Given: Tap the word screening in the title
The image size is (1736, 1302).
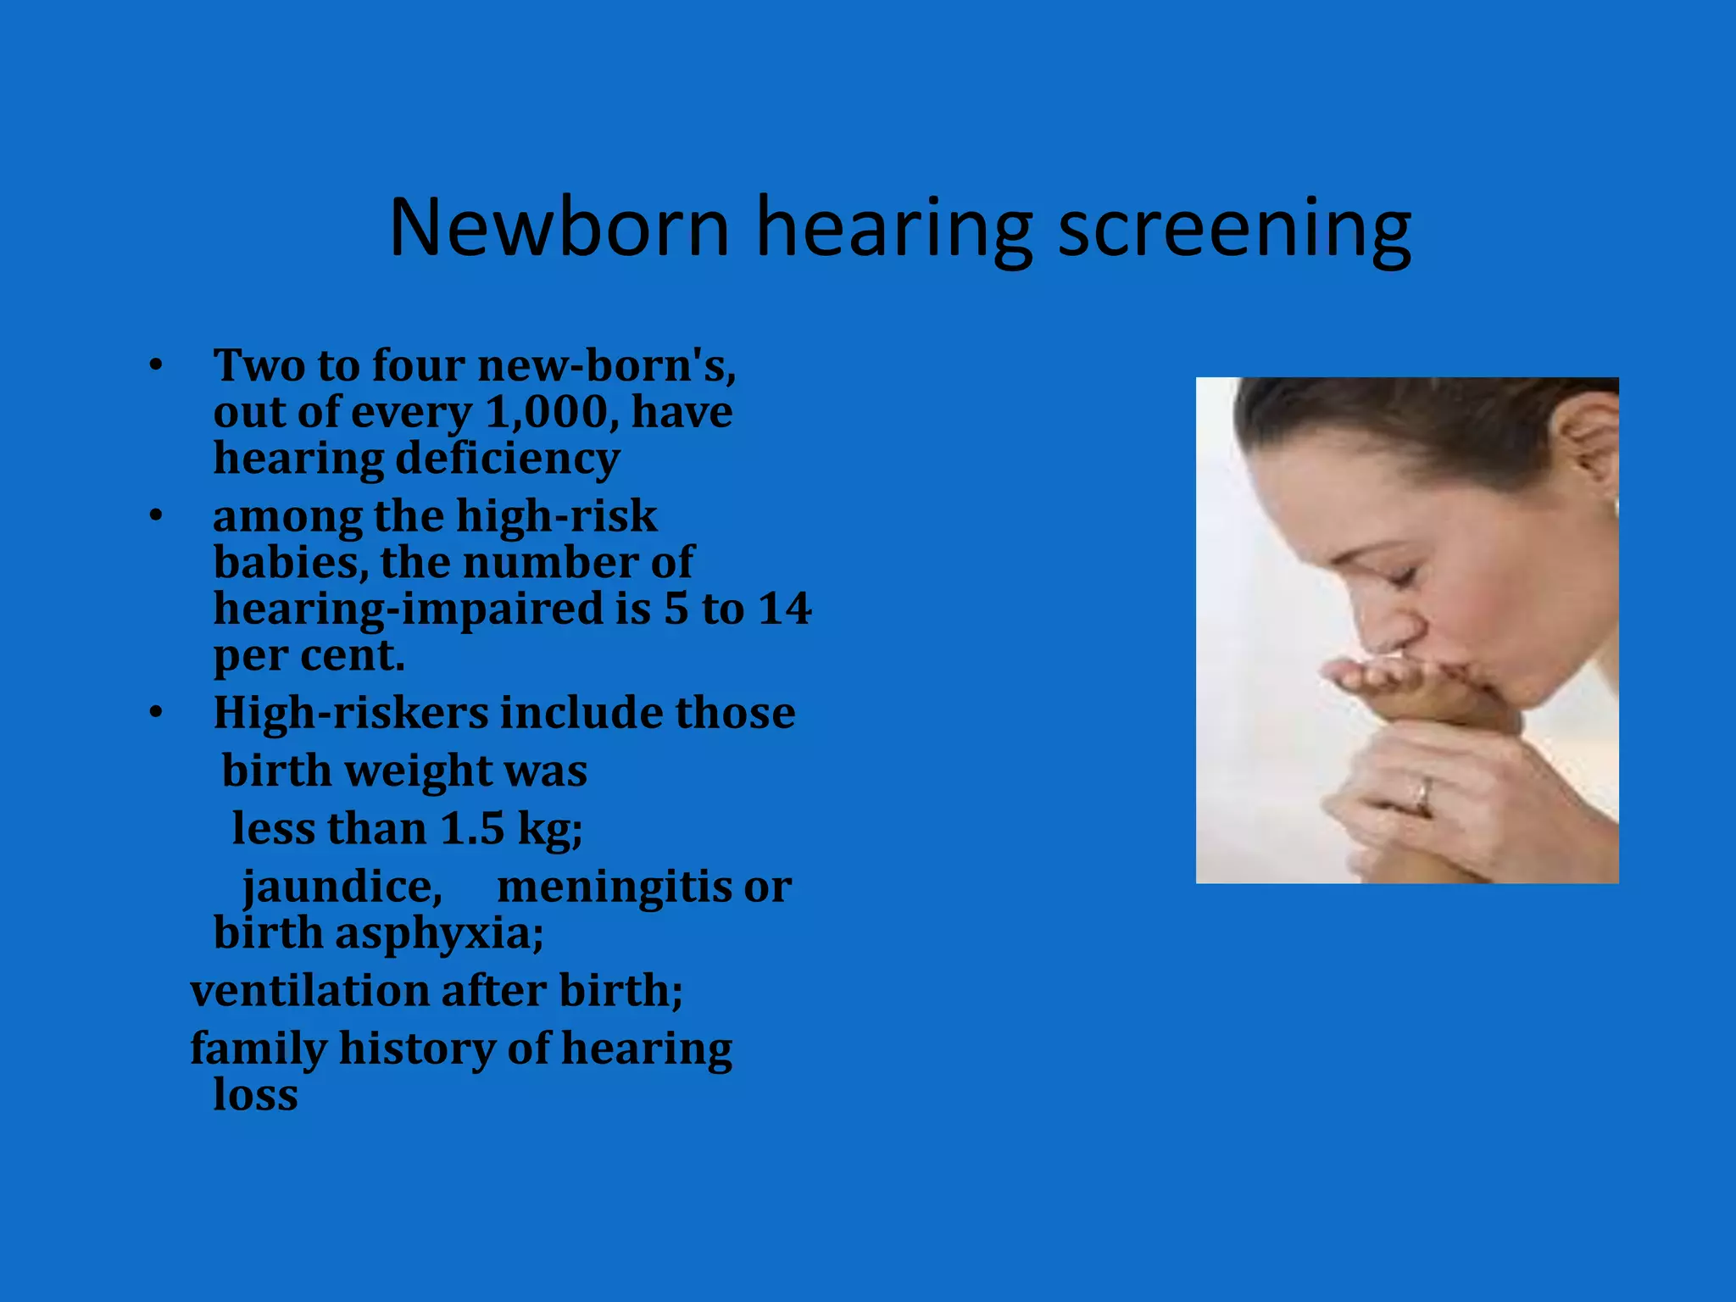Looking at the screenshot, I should pos(1234,229).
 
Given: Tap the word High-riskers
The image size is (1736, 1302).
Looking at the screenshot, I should pos(350,713).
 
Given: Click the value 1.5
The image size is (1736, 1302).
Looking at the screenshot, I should pos(472,829).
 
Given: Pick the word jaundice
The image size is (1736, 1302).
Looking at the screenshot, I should pos(342,887).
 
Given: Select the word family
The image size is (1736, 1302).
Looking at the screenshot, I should pos(258,1049).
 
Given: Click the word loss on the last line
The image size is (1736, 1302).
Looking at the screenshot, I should pos(255,1095).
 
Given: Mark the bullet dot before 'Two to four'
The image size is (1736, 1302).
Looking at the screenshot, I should pos(155,366).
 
